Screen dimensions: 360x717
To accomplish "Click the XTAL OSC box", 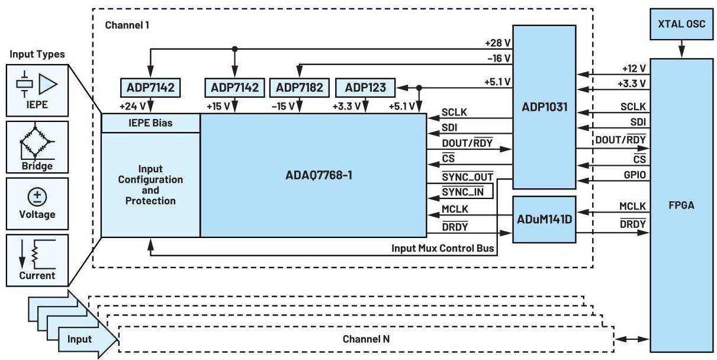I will click(681, 24).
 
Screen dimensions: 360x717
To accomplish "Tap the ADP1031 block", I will click(544, 107).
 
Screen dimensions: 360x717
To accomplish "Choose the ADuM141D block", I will click(544, 219).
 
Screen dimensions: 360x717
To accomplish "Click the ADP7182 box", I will click(299, 88).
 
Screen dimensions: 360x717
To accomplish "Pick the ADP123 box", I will click(365, 88).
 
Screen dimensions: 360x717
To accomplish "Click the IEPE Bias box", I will click(150, 123).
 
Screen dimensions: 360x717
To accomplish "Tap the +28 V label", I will click(498, 43).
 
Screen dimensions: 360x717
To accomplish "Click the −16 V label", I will click(499, 58).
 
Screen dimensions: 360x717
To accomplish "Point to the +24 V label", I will click(132, 107).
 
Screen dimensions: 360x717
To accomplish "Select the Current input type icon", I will click(37, 258).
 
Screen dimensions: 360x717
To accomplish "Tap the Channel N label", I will click(366, 339).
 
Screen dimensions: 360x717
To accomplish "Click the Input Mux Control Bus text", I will click(442, 248).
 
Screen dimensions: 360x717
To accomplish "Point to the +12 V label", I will click(634, 69).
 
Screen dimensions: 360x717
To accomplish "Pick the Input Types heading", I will click(37, 54).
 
